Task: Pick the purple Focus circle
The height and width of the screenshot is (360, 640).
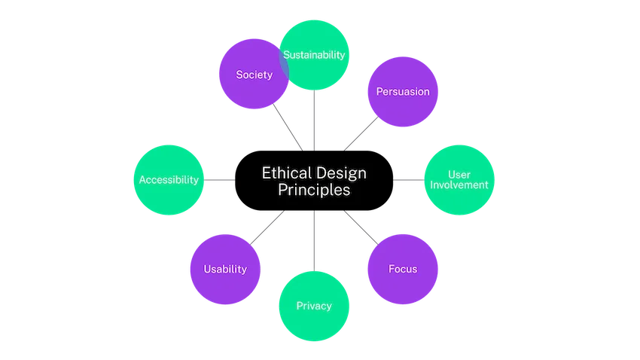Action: click(x=402, y=269)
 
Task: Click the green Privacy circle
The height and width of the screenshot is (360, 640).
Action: click(x=314, y=306)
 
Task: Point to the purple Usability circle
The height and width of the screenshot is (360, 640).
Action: click(x=225, y=269)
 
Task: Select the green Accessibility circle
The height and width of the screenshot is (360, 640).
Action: click(x=169, y=180)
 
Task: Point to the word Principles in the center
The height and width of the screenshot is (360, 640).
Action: click(x=314, y=191)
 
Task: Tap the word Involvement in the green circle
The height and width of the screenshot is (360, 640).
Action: click(x=459, y=185)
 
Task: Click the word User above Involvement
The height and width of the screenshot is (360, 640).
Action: click(x=459, y=174)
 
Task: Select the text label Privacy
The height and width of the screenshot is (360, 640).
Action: click(x=314, y=306)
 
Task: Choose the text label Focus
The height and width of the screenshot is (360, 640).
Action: click(x=402, y=269)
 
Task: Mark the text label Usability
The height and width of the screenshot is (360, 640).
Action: click(x=225, y=269)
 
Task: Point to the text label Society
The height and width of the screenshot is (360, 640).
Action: click(x=254, y=75)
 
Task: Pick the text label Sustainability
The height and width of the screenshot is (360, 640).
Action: click(x=314, y=54)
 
